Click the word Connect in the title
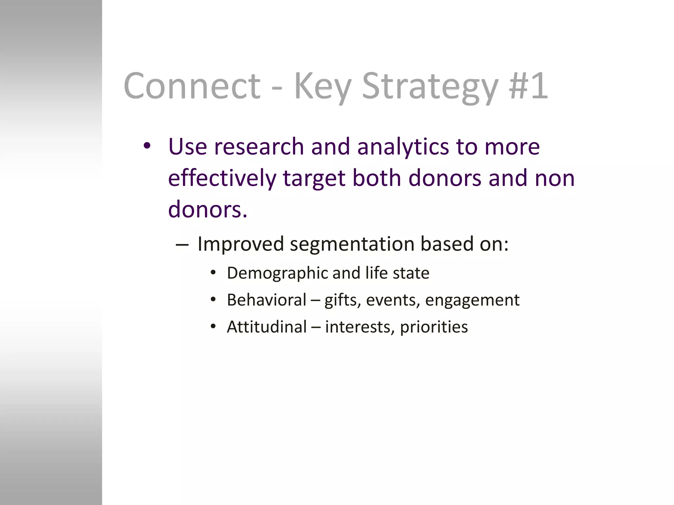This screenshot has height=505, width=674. tap(192, 86)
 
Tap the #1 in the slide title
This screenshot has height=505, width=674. tap(528, 86)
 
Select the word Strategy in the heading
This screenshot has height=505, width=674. tap(430, 86)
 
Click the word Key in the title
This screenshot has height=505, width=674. tap(322, 86)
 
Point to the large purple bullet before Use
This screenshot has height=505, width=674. tap(147, 146)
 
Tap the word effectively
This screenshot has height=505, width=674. tap(222, 178)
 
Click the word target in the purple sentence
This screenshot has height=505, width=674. tap(314, 178)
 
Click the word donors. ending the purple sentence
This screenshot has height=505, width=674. tap(207, 209)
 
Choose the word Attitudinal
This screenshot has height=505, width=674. tap(267, 327)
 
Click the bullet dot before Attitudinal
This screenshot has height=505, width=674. tap(213, 326)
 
